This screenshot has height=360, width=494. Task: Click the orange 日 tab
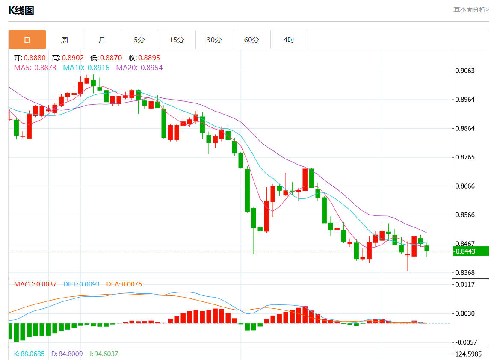[27, 40]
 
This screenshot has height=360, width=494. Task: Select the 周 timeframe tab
[64, 40]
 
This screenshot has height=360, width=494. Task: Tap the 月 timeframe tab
[102, 40]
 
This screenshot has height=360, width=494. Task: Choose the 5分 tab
[139, 40]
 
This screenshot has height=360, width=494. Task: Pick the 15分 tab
[177, 40]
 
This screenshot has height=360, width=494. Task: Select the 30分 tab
[214, 40]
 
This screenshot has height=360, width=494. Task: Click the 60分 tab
[251, 40]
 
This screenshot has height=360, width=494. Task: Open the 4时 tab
[289, 40]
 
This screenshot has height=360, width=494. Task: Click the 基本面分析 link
[471, 9]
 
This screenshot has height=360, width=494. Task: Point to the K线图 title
[21, 11]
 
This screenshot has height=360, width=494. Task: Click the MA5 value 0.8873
[45, 68]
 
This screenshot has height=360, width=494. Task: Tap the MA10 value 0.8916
[98, 68]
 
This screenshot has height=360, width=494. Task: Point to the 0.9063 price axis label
[464, 71]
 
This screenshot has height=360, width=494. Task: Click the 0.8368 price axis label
[464, 273]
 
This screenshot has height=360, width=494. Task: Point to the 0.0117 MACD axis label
[464, 284]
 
